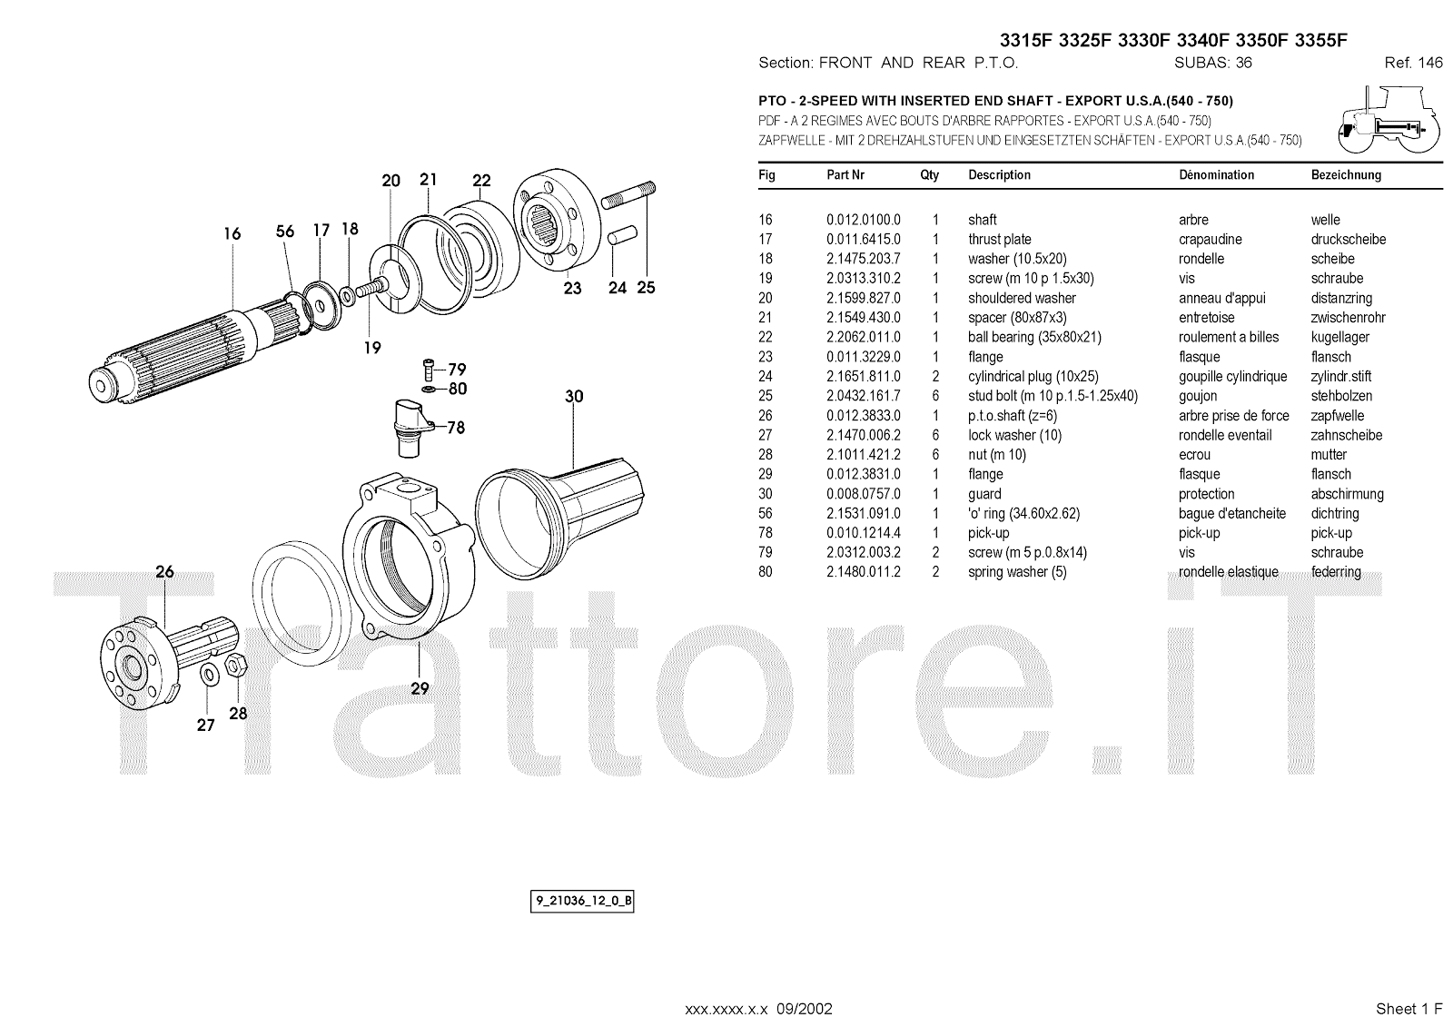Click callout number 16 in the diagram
click(232, 233)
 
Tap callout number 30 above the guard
click(574, 397)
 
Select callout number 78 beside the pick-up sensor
click(456, 428)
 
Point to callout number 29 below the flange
click(420, 688)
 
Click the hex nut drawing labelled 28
click(235, 665)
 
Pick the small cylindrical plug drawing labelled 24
click(622, 235)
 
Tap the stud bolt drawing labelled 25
click(628, 195)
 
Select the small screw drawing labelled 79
click(428, 370)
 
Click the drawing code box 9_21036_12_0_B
click(582, 901)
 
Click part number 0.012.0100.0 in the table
click(864, 220)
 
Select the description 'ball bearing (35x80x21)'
click(1034, 338)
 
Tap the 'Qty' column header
click(930, 175)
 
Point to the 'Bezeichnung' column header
click(1346, 175)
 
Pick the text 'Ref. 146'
click(1413, 63)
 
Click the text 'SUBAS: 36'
click(1213, 63)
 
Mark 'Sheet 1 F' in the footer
click(1409, 1009)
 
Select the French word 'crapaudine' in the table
click(1211, 240)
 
